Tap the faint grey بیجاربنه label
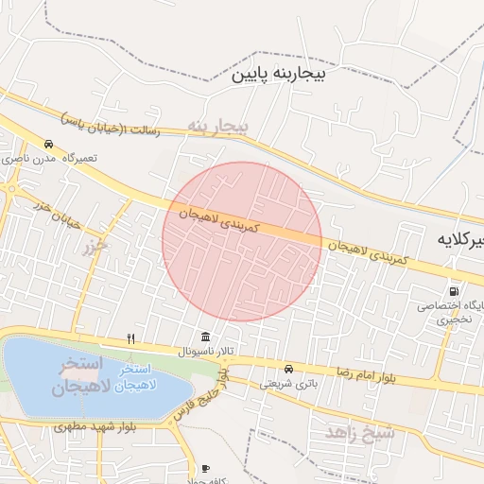(216, 126)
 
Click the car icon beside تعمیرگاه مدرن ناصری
(48, 145)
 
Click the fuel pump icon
(456, 292)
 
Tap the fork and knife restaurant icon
(131, 338)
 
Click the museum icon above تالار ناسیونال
(205, 337)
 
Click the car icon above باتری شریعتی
(288, 369)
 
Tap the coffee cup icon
(205, 468)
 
